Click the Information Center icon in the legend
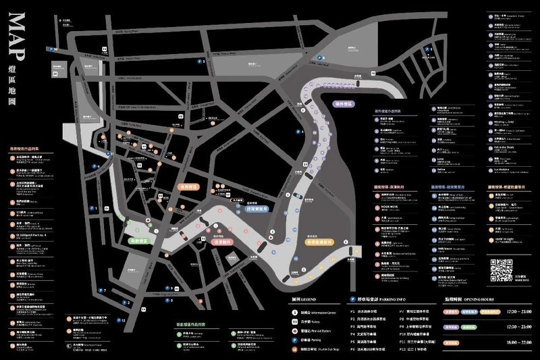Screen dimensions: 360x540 pyautogui.click(x=295, y=313)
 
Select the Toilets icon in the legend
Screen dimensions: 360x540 pyautogui.click(x=295, y=322)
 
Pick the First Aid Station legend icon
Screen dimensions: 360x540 pyautogui.click(x=295, y=332)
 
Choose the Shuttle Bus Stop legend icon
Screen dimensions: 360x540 pyautogui.click(x=295, y=351)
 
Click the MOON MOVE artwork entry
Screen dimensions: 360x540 pyautogui.click(x=393, y=207)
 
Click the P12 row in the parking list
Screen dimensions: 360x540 pyautogui.click(x=415, y=351)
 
